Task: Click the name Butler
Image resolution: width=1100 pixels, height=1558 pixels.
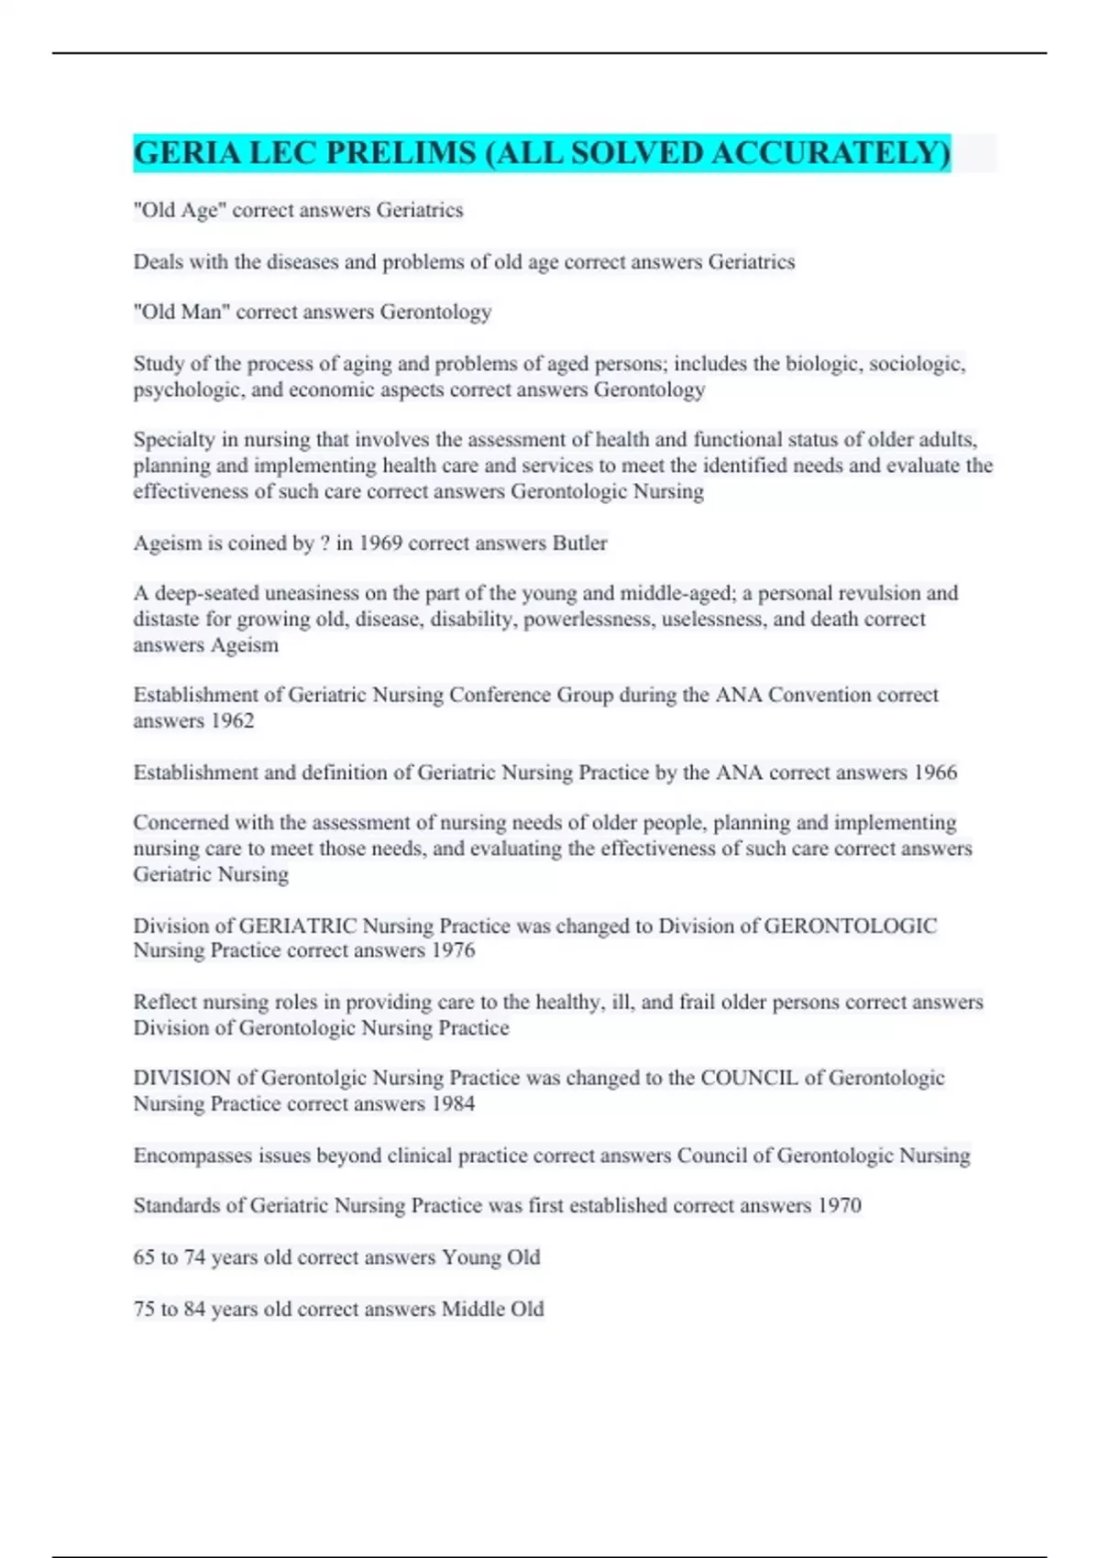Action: point(579,543)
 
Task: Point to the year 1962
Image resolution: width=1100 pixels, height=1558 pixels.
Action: point(232,721)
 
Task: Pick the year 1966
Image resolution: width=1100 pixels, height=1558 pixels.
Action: point(935,773)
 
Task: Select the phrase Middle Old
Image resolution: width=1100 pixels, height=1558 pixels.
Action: point(493,1309)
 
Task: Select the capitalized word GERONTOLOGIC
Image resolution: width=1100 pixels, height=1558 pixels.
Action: point(850,926)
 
